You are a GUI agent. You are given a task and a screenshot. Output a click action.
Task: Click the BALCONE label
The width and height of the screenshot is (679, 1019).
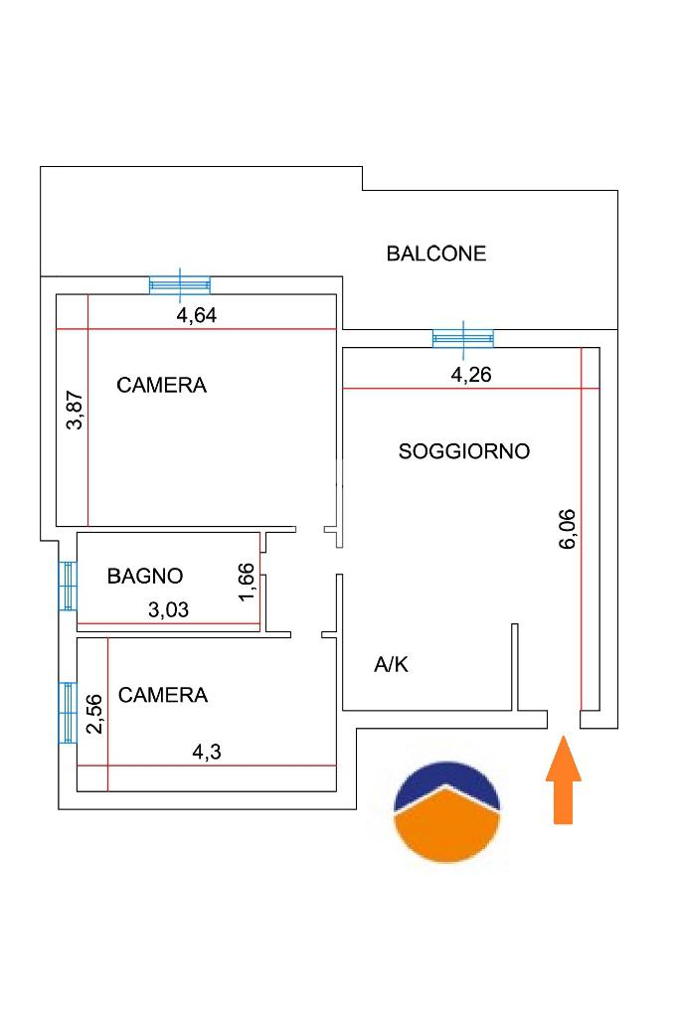point(436,254)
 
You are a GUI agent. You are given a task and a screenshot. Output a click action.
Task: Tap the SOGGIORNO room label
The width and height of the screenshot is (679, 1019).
point(464,451)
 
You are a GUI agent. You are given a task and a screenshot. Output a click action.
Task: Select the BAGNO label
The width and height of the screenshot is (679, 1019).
point(145,576)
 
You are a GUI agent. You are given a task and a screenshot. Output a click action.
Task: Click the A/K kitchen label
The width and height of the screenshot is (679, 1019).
point(391,664)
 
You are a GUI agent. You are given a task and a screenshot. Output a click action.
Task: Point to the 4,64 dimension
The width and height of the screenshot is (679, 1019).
point(197,315)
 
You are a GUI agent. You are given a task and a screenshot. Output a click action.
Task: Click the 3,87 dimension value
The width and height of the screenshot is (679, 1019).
point(76,410)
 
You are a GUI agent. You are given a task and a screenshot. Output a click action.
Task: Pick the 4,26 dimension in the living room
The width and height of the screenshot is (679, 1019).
point(471,375)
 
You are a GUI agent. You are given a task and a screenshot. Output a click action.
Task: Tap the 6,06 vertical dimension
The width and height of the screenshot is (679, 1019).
point(568,529)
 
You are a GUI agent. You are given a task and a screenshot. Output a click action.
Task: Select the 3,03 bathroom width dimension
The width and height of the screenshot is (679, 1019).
point(168,609)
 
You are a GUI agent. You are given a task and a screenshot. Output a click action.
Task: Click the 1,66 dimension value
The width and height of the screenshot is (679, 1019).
point(247,583)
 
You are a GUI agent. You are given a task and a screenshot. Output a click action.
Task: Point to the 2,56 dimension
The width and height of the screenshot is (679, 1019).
point(94,714)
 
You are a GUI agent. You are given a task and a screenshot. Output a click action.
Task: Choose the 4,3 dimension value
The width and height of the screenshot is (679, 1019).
point(207,752)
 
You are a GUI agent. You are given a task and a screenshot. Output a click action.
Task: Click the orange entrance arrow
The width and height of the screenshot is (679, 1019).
point(564,779)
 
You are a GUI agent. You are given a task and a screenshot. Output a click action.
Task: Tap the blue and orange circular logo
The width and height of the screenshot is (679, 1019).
point(447,812)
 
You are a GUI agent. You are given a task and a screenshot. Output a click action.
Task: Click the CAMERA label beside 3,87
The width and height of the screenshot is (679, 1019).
point(162,386)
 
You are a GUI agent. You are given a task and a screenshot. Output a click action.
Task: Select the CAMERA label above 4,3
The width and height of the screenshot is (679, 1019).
point(163,695)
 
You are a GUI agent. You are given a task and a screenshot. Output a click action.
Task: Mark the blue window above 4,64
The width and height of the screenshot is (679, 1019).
point(180,284)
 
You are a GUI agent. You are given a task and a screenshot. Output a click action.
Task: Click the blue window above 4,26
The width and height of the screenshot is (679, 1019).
point(463,339)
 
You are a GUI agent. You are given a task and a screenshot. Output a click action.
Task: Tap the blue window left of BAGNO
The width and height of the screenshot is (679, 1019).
point(68,586)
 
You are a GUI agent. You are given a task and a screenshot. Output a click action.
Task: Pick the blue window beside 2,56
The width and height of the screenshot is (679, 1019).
point(68,712)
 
